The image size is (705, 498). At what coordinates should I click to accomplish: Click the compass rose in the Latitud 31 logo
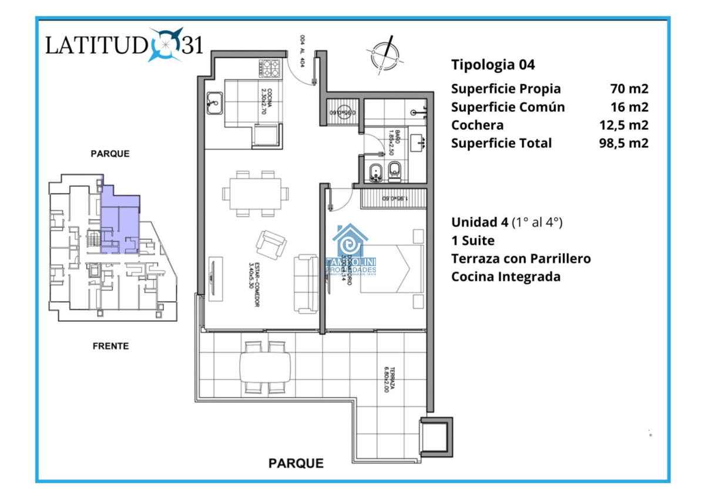[165, 45]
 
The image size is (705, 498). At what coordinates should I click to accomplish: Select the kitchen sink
[214, 103]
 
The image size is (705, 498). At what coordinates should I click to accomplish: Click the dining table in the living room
[255, 194]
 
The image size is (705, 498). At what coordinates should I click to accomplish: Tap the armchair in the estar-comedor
[271, 244]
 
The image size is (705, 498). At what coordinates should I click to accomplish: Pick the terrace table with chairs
[265, 367]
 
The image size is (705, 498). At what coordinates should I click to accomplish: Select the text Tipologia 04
[493, 65]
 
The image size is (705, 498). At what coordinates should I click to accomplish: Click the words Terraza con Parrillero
[521, 258]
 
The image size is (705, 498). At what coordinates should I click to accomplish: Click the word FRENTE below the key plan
[110, 346]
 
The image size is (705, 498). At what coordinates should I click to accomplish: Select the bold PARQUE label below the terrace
[296, 463]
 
